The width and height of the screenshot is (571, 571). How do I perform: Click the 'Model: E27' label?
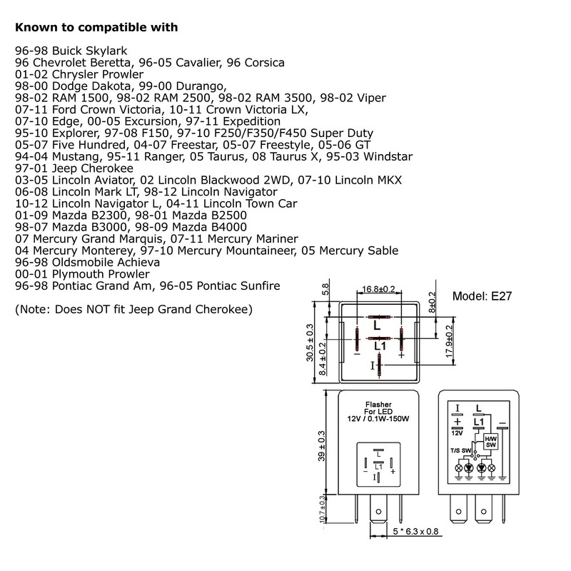[x=482, y=296]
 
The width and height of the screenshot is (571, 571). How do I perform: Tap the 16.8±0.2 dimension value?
[x=378, y=289]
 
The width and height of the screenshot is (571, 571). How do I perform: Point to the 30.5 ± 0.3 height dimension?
[x=310, y=343]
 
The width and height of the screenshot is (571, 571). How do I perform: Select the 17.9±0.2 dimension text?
[x=450, y=341]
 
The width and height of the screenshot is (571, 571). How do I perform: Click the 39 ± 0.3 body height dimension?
[x=322, y=446]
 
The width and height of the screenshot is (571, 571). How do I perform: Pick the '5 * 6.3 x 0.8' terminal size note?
[x=415, y=532]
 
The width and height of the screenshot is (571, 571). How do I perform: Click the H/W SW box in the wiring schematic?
[x=490, y=442]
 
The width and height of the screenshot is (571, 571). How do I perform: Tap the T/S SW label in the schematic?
[x=460, y=450]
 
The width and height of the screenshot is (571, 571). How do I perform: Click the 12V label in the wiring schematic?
[x=457, y=433]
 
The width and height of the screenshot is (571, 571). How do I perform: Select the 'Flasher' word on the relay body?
[x=378, y=405]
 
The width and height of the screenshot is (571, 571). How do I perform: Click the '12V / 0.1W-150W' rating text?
[x=378, y=419]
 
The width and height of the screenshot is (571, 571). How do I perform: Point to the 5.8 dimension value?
[x=325, y=289]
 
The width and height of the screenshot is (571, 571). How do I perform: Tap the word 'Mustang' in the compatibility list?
[x=76, y=156]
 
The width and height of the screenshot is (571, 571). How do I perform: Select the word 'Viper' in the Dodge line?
[x=371, y=98]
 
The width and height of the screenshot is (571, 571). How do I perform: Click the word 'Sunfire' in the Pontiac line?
[x=260, y=286]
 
